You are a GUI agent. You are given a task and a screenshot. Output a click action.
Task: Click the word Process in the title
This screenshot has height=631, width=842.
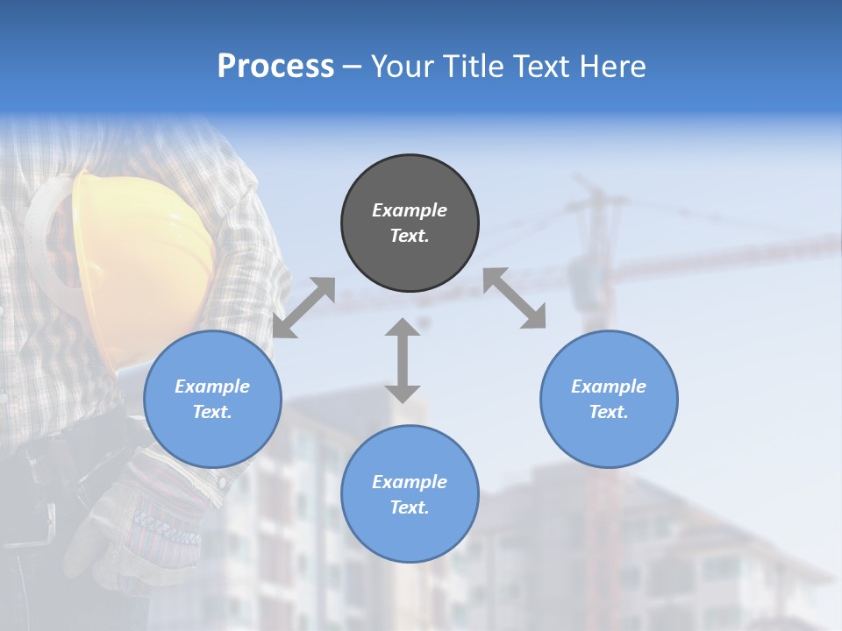point(275,67)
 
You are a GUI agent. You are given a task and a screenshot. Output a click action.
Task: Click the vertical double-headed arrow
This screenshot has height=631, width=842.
point(403,360)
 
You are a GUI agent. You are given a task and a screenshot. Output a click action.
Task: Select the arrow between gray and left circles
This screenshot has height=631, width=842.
point(303,308)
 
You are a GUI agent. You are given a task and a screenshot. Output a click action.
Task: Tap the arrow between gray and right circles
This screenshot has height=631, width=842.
point(514,298)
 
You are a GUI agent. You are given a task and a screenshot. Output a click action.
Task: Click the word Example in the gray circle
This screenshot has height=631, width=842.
point(410,210)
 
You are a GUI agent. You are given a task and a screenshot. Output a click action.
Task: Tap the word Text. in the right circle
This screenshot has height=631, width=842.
point(609,412)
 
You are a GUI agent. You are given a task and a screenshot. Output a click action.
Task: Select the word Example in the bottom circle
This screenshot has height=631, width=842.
point(410,482)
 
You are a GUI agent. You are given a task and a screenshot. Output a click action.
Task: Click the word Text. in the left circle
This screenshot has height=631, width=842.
point(212,412)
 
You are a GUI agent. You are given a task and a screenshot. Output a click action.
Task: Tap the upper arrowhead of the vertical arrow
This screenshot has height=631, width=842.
point(403,328)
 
